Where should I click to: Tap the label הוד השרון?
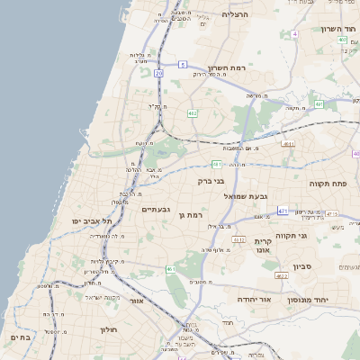click(x=339, y=29)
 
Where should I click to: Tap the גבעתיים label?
click(x=157, y=209)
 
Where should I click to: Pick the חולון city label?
click(x=108, y=329)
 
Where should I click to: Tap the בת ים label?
click(x=20, y=337)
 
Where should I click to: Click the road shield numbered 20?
click(x=159, y=72)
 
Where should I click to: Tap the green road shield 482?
click(x=192, y=113)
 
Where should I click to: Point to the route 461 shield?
click(x=170, y=269)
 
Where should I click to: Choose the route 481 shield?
click(x=217, y=164)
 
